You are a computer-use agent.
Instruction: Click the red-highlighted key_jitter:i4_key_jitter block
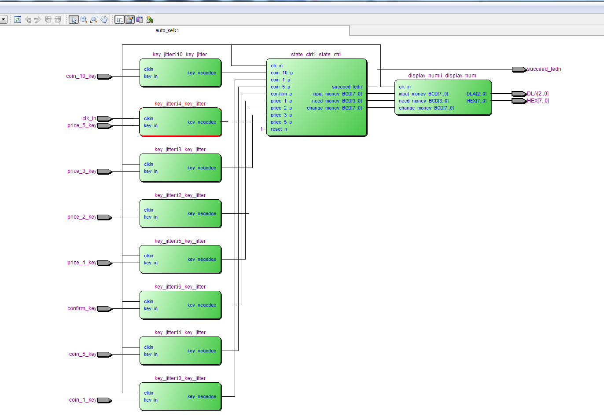(x=180, y=122)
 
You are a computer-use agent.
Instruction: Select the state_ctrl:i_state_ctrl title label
(x=316, y=55)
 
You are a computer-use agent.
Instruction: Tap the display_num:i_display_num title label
(x=442, y=76)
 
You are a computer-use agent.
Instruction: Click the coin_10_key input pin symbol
(x=105, y=77)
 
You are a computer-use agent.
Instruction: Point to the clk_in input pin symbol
(x=105, y=119)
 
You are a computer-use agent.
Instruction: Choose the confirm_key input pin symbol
(x=105, y=309)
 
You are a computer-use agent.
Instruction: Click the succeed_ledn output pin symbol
(x=519, y=69)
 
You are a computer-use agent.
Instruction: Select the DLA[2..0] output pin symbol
(x=519, y=94)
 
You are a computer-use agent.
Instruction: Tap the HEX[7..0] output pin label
(x=538, y=101)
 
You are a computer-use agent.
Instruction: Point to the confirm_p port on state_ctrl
(x=281, y=94)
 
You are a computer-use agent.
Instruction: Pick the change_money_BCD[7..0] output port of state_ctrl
(x=335, y=108)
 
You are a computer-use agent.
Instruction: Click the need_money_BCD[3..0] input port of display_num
(x=424, y=101)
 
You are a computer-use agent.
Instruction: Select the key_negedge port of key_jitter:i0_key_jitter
(x=202, y=396)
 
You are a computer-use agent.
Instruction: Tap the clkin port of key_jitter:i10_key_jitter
(x=148, y=69)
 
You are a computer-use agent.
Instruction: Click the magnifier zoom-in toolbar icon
(x=84, y=19)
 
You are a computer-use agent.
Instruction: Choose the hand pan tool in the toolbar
(x=104, y=19)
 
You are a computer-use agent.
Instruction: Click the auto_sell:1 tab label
(x=167, y=30)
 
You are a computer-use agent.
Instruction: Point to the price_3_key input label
(x=82, y=171)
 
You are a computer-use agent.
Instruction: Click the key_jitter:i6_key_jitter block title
(x=180, y=287)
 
